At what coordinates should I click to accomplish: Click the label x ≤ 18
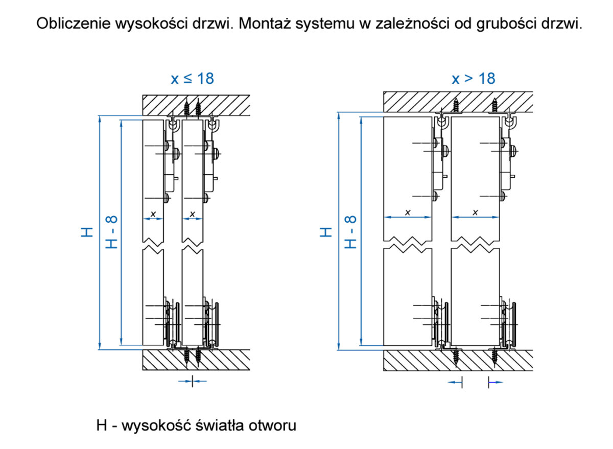click(192, 79)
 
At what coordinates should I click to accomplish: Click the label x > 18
click(474, 79)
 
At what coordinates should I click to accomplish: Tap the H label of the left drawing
click(87, 232)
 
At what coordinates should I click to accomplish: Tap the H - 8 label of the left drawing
click(112, 232)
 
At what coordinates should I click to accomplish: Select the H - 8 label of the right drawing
click(350, 232)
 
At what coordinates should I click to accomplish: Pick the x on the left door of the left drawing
click(153, 213)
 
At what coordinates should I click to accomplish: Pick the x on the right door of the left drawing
click(193, 213)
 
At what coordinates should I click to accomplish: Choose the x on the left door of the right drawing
click(407, 211)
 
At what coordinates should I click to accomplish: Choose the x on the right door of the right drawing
click(475, 211)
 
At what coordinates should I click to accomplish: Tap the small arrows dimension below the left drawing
click(193, 381)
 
